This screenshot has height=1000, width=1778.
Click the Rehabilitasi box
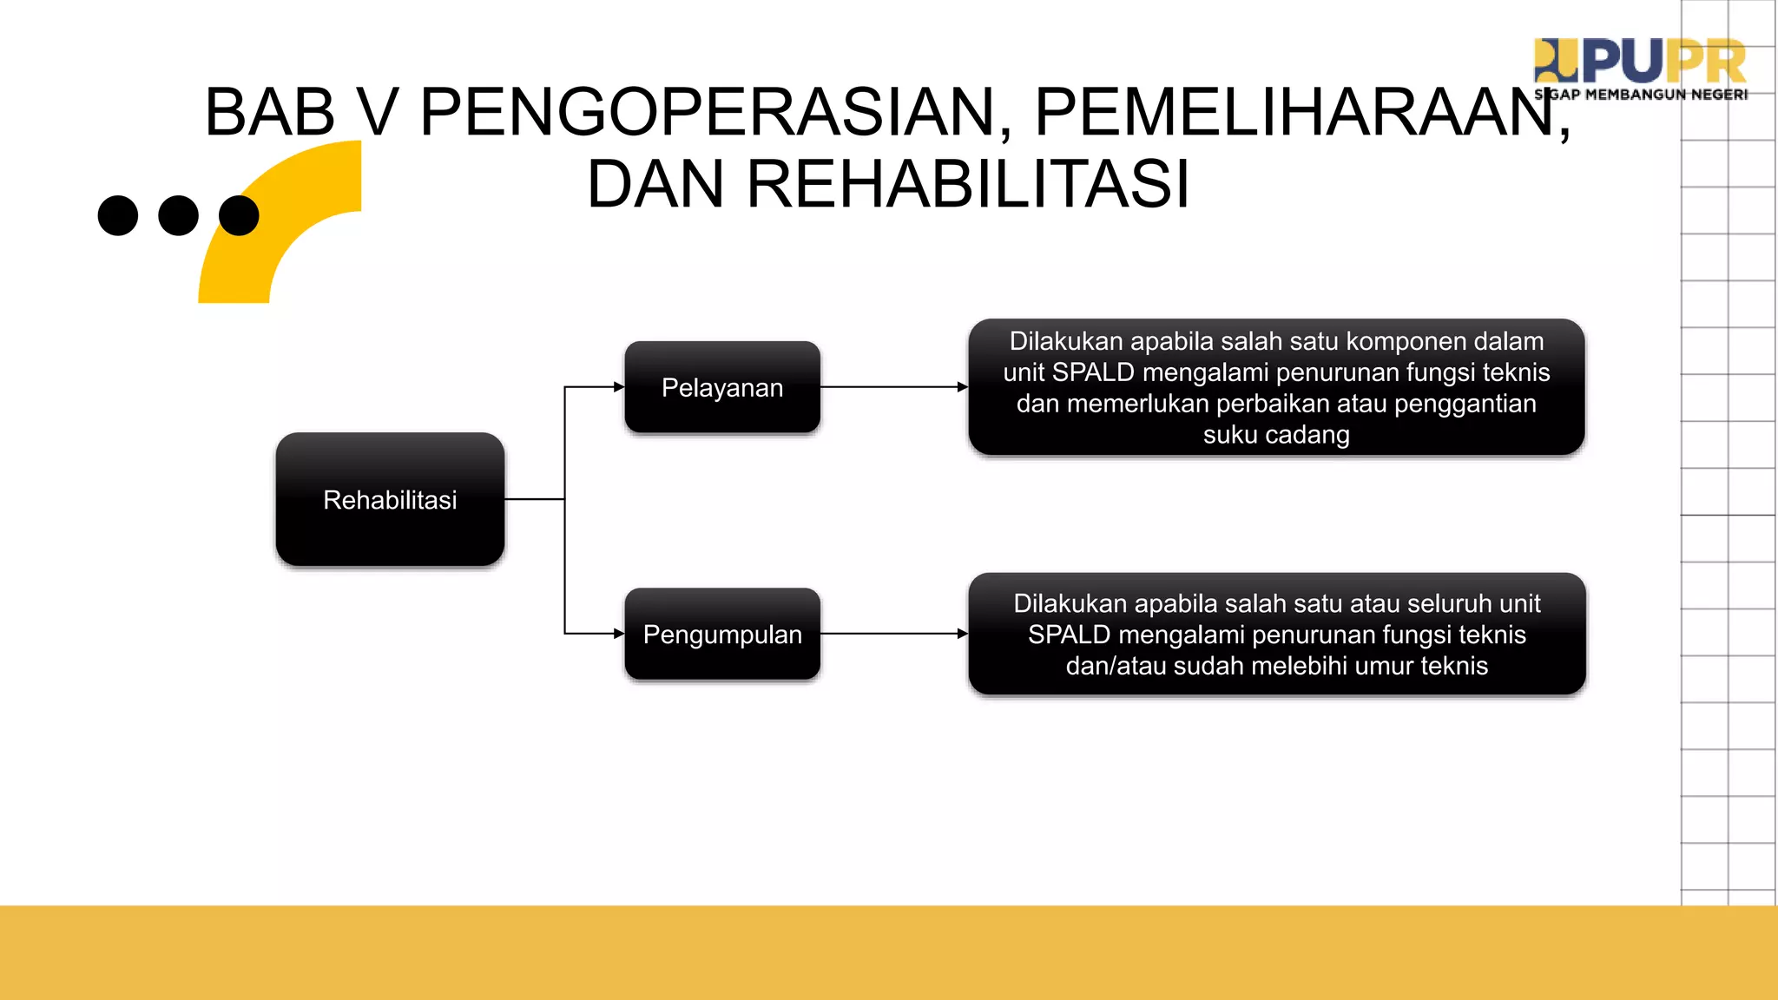point(390,499)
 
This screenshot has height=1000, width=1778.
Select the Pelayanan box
point(721,387)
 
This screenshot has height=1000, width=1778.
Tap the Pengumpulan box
point(721,634)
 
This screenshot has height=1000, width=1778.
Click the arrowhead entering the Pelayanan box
point(618,387)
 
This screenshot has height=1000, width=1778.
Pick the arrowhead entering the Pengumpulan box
point(618,634)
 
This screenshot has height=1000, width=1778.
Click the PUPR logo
point(1640,61)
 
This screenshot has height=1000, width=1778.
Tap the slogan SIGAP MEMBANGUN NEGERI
point(1641,95)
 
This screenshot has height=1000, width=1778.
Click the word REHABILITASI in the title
point(967,184)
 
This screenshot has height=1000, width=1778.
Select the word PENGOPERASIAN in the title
point(707,113)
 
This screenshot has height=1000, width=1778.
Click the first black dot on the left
point(118,215)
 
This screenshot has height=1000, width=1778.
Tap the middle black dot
point(179,215)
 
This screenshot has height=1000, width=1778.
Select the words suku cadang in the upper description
point(1276,435)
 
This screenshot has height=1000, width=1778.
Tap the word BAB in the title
point(270,113)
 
